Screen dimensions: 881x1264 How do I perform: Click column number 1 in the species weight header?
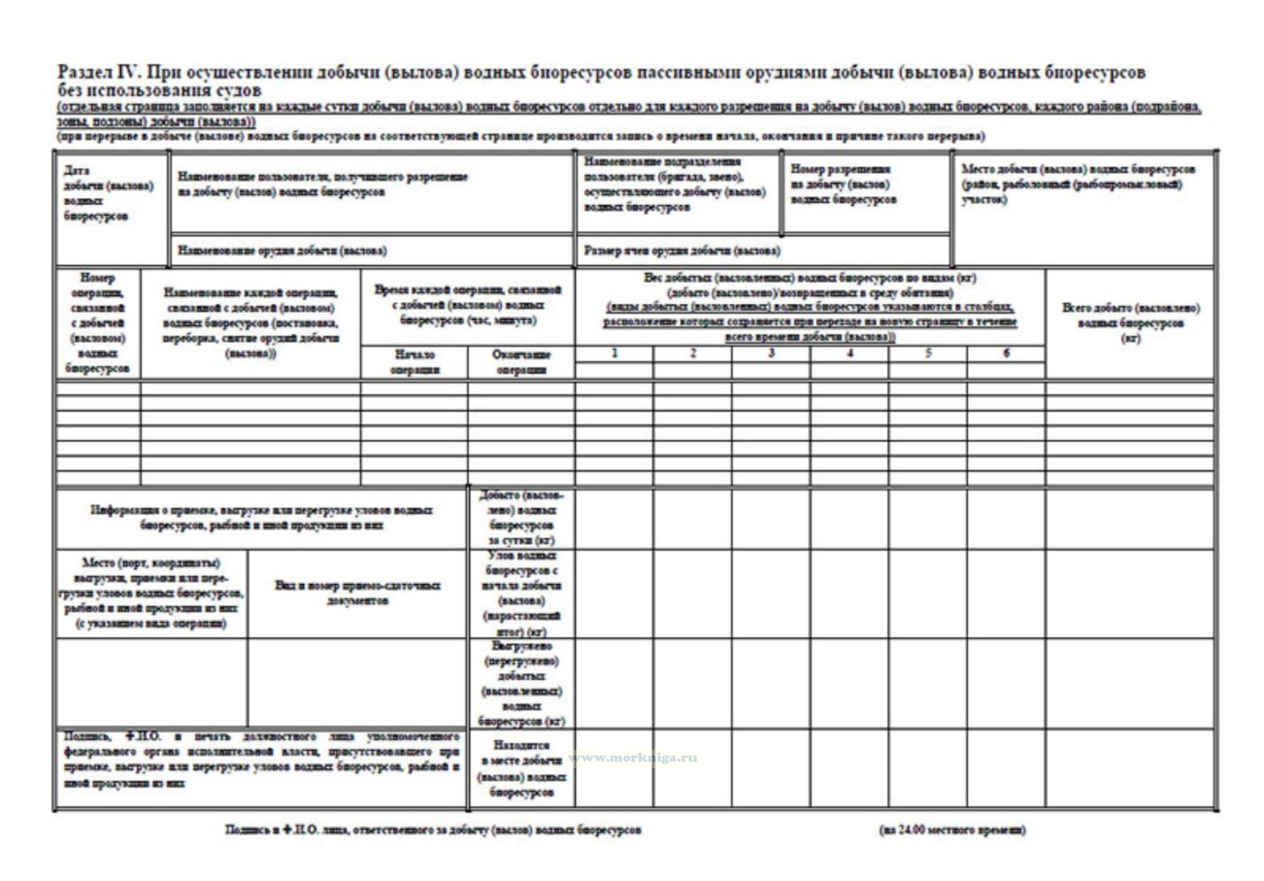pos(614,353)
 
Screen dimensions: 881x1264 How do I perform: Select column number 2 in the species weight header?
pos(693,353)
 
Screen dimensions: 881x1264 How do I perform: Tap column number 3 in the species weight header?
pos(771,353)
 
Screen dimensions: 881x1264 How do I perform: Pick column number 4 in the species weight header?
pos(850,353)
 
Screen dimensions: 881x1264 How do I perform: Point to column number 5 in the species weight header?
pos(928,353)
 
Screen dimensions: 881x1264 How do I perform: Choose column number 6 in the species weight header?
pos(1006,353)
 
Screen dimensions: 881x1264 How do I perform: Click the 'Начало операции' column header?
pos(414,362)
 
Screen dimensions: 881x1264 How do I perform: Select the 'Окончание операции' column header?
pos(521,362)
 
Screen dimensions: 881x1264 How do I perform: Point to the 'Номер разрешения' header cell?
pos(843,184)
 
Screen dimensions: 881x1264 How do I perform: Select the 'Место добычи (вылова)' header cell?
pos(1078,184)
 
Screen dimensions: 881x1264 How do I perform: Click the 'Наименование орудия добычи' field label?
pos(282,250)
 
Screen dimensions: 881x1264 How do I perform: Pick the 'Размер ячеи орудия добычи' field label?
pos(682,250)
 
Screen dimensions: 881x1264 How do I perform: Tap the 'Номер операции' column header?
pos(97,323)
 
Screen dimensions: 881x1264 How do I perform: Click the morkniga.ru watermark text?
pos(633,758)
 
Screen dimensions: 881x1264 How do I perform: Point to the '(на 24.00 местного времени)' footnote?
pos(952,830)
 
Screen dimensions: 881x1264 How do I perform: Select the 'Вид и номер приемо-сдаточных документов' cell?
pos(357,593)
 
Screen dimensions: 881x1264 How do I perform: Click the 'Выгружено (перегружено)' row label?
pos(521,683)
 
